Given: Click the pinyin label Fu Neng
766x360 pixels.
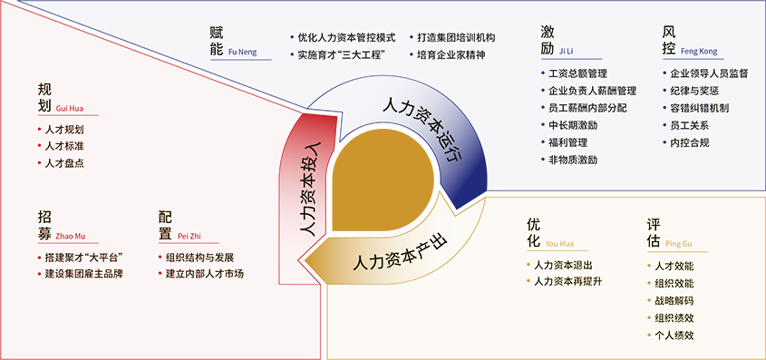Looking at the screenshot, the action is click(242, 53).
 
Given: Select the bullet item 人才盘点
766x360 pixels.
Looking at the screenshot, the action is click(64, 163).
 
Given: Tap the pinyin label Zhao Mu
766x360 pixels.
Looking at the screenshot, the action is click(71, 237).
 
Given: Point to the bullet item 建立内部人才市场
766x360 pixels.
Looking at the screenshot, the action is click(205, 274).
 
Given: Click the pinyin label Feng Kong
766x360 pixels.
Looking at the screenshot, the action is click(699, 52).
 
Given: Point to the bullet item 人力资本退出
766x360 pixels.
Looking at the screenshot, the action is click(563, 265).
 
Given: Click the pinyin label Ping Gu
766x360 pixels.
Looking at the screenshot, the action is click(679, 243).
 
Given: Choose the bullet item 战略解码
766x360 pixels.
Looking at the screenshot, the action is click(674, 301).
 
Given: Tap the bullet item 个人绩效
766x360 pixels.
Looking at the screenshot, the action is click(674, 336).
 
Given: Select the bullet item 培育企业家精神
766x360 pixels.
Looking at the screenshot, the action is click(451, 54).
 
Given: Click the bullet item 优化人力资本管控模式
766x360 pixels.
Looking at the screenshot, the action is click(347, 37).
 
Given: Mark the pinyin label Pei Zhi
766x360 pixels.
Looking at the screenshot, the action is click(189, 237).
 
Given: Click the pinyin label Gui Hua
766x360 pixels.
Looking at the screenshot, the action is click(71, 109).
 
